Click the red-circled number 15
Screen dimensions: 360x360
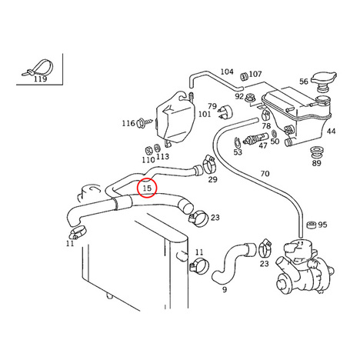[147, 188]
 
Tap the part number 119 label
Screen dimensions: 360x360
[41, 79]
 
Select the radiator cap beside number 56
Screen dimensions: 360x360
[324, 81]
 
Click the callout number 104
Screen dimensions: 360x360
[227, 72]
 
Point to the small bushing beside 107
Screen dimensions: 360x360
[244, 76]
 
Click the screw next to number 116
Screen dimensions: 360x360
[145, 122]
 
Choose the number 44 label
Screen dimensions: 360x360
[331, 132]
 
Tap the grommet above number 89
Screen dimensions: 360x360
[316, 152]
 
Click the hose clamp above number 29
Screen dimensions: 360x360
[210, 165]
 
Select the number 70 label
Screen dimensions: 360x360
[265, 174]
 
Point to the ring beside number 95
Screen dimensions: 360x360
[312, 225]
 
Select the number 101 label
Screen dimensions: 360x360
[205, 114]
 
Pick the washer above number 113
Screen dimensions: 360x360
[157, 148]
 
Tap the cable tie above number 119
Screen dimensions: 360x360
[38, 68]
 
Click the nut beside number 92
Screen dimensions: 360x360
[250, 98]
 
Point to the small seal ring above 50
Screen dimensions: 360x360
[274, 133]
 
